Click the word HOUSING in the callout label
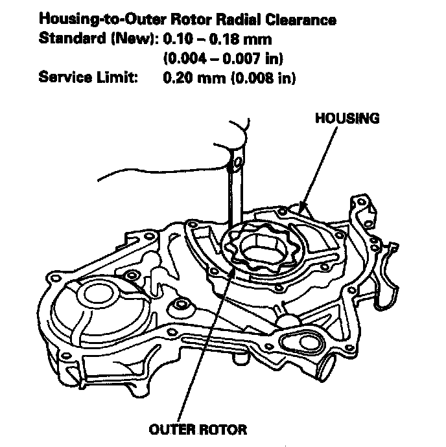tap(347, 119)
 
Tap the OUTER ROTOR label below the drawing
tap(198, 429)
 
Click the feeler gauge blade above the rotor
tap(235, 194)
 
